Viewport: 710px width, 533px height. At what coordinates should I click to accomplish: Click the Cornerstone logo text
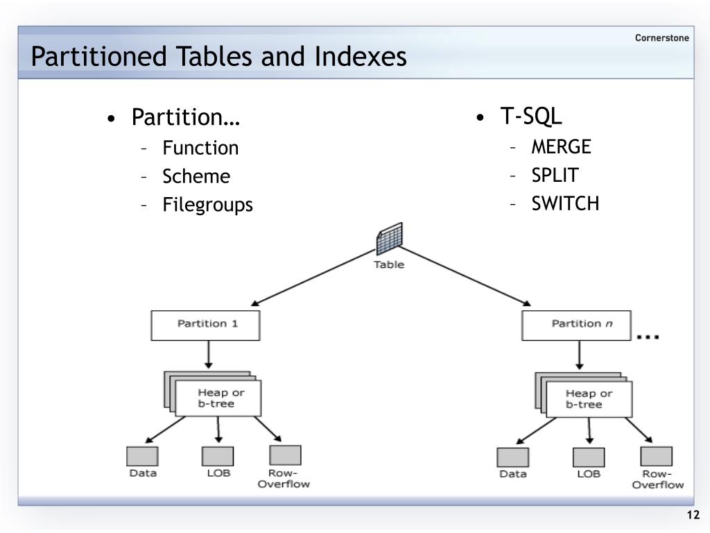661,38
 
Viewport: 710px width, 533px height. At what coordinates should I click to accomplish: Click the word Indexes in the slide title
361,57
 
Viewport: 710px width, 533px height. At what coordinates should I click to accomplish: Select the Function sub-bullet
200,148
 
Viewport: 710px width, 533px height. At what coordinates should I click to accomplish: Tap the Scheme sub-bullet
196,176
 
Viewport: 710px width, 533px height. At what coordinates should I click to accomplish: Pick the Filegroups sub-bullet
208,205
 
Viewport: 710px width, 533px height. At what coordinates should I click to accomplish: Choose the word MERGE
561,147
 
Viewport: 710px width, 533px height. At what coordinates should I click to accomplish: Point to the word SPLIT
555,175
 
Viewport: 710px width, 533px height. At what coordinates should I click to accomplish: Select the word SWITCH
565,203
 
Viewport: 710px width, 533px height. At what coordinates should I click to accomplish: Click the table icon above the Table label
389,241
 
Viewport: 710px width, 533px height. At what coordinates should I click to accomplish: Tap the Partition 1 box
206,325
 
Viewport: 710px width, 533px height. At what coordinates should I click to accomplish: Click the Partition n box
577,325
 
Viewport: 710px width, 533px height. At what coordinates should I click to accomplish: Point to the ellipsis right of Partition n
648,337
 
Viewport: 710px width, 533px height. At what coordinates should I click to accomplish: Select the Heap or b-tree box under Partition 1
216,398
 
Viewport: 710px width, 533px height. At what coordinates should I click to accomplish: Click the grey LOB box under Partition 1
217,457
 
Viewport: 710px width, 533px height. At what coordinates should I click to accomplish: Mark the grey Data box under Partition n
512,457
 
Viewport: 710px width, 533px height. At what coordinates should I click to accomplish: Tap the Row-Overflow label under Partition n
657,480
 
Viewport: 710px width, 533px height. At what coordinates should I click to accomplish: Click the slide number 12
693,515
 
